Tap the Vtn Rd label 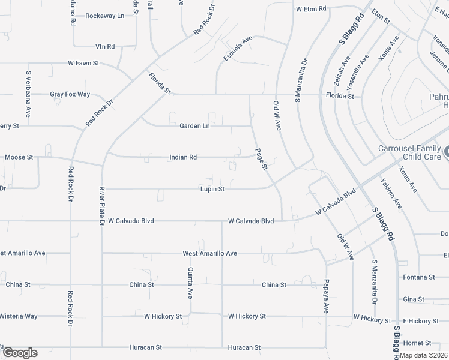tap(105, 46)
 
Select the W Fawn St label tap(83, 62)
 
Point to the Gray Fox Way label tap(70, 94)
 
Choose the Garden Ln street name tap(194, 126)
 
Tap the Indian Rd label tap(183, 157)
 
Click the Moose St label tap(19, 157)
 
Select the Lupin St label tap(212, 189)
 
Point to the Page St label tap(261, 160)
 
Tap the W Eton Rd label tap(311, 9)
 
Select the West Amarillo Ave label tap(209, 254)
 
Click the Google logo tap(19, 353)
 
